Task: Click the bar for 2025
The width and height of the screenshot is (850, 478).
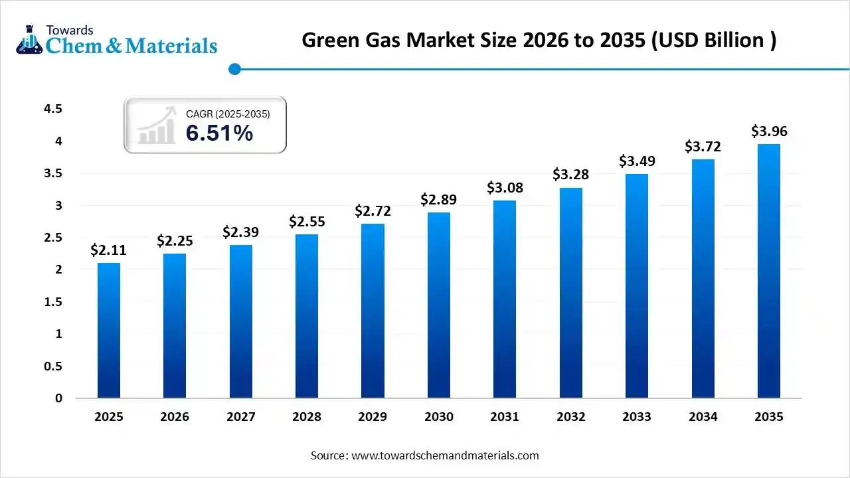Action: coord(109,331)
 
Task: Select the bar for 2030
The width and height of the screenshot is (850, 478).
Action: coord(439,305)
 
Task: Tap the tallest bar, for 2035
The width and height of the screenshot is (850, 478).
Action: coord(769,271)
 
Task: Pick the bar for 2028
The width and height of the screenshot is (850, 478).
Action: coord(307,316)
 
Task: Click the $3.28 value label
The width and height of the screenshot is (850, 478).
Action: coord(570,175)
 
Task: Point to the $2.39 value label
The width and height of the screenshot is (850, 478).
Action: coord(240,232)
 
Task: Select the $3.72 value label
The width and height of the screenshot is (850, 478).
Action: coord(703,147)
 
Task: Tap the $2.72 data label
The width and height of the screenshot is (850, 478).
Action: coord(373,211)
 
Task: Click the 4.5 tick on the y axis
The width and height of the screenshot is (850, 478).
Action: coord(53,109)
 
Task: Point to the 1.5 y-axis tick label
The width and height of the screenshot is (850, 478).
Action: coord(53,302)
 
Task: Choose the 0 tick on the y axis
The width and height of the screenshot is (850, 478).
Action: coord(58,398)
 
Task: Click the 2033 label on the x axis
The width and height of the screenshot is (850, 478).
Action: coord(636,417)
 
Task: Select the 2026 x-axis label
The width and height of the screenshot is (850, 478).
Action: coord(175,417)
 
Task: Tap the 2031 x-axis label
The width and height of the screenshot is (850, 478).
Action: coord(505,417)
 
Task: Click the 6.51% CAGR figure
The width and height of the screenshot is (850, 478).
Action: coord(219,133)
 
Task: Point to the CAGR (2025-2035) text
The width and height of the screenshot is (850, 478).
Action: coord(228,114)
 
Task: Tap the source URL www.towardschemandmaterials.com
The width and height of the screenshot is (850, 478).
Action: coord(444,455)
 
